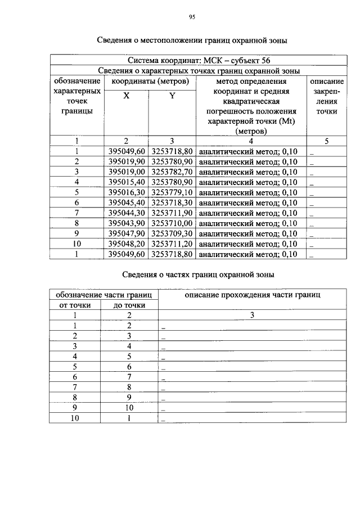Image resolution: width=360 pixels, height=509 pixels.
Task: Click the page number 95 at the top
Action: coord(191,17)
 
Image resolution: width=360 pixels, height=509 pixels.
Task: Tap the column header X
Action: coord(127,96)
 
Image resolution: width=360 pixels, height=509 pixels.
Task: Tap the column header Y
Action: coord(172,96)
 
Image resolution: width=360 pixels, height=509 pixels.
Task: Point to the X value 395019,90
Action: coord(127,161)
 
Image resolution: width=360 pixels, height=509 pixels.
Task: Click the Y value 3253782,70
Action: coord(173,172)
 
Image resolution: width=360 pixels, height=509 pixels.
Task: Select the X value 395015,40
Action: coord(127,182)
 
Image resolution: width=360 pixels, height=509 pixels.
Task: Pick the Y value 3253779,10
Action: coord(173,192)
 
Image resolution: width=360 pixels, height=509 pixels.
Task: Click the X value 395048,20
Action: coord(127,244)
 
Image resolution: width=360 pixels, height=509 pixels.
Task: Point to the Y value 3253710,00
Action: coord(173,223)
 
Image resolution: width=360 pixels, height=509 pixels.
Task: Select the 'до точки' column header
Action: coord(129,305)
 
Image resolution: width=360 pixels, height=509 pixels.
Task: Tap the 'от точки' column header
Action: coord(74,305)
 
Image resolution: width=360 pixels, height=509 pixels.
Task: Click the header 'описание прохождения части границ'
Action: coord(253,295)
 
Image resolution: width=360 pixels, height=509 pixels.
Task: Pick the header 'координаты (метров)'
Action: coord(148,81)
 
